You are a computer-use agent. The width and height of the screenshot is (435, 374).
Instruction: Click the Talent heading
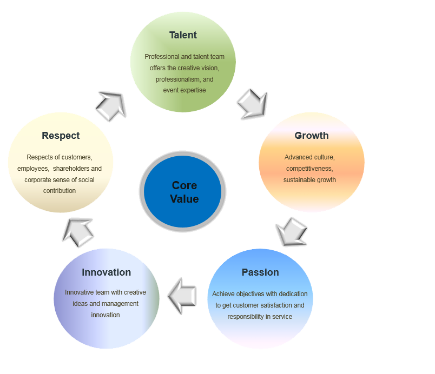[x=183, y=35]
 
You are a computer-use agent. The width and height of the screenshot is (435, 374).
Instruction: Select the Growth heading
[x=311, y=136]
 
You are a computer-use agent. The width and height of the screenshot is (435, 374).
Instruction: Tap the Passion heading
[x=260, y=272]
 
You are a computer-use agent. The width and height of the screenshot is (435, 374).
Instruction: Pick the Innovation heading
[x=106, y=272]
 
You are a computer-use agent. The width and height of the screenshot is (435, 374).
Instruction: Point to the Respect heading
[x=61, y=136]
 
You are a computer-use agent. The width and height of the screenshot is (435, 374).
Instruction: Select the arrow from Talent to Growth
[x=253, y=102]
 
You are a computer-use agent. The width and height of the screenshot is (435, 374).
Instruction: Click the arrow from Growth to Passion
[x=291, y=232]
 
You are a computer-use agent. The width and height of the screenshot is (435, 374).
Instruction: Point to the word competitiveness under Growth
[x=309, y=169]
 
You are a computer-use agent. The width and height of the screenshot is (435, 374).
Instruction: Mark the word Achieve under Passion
[x=223, y=294]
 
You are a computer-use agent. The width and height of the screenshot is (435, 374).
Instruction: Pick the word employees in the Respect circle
[x=33, y=169]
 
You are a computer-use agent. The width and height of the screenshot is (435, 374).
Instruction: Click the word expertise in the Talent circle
[x=193, y=90]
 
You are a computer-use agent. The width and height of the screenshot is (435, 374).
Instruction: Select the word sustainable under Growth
[x=300, y=180]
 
